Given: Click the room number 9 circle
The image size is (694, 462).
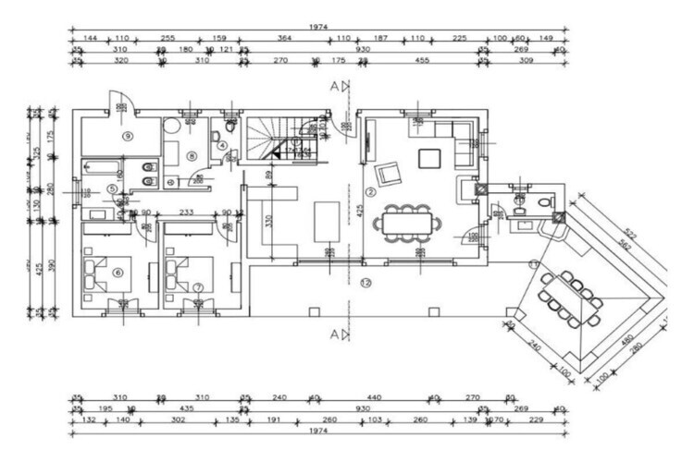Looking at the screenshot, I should click(x=128, y=135).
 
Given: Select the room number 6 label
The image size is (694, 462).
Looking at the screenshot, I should click(x=118, y=272).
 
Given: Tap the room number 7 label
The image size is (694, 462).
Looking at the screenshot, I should click(x=198, y=287).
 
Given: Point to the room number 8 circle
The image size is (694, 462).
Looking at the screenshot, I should click(x=192, y=156).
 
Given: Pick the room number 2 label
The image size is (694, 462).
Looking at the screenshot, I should click(x=368, y=192).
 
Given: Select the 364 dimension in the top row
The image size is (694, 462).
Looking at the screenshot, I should click(x=285, y=38).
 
